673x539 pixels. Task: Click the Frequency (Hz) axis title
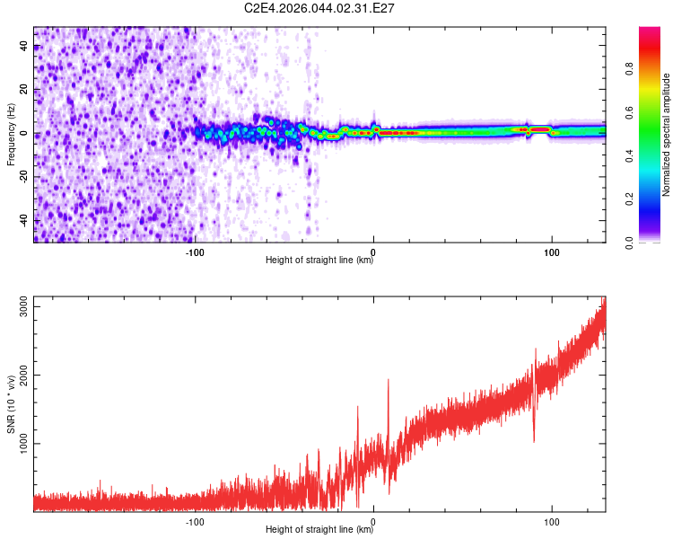coord(11,135)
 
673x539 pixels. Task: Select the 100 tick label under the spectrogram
coord(552,252)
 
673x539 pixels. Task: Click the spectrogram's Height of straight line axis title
coord(319,261)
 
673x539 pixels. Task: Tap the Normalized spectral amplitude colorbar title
coord(666,135)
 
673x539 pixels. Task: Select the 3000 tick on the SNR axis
coord(19,307)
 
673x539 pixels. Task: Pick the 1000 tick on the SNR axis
coord(19,443)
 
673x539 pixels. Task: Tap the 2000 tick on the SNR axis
coord(19,376)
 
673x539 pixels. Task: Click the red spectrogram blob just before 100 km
coord(539,129)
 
